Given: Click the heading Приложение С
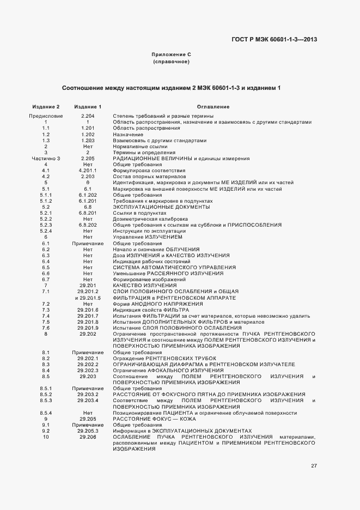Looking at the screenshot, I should [171, 55].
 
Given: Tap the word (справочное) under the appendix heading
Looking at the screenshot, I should [171, 62].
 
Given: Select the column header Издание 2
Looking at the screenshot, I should [46, 107].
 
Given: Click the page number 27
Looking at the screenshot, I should [314, 465].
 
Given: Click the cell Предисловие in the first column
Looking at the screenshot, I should [46, 116].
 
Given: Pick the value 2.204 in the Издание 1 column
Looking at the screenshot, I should [88, 116].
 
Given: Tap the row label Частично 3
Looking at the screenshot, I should [46, 159].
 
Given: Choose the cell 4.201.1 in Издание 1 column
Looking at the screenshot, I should [88, 171].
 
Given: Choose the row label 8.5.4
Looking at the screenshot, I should [46, 413].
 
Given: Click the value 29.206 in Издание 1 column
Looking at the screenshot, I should [88, 437].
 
